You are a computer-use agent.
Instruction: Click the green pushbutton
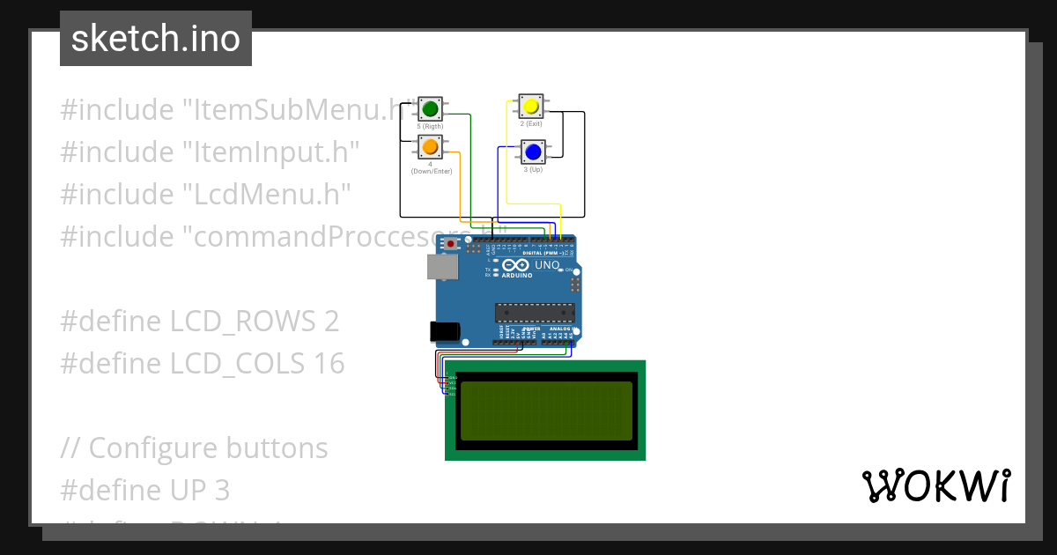click(431, 109)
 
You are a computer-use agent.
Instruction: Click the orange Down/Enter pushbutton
click(431, 146)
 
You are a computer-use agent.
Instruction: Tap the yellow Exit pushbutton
click(530, 107)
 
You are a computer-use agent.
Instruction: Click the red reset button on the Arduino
click(451, 243)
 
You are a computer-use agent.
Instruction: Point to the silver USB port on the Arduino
click(442, 268)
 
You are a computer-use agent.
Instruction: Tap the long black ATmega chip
click(535, 311)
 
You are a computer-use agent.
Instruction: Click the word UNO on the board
click(548, 264)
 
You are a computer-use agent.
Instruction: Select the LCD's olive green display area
click(546, 411)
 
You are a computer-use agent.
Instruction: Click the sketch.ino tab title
click(156, 39)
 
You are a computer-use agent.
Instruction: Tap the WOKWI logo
click(935, 485)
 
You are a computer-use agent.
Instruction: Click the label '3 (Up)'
click(531, 169)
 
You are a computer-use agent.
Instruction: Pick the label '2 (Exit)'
click(530, 124)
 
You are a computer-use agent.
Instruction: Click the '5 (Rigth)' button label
click(431, 127)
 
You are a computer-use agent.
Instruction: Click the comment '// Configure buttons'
click(194, 448)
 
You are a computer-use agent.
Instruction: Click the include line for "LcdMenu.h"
click(206, 195)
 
